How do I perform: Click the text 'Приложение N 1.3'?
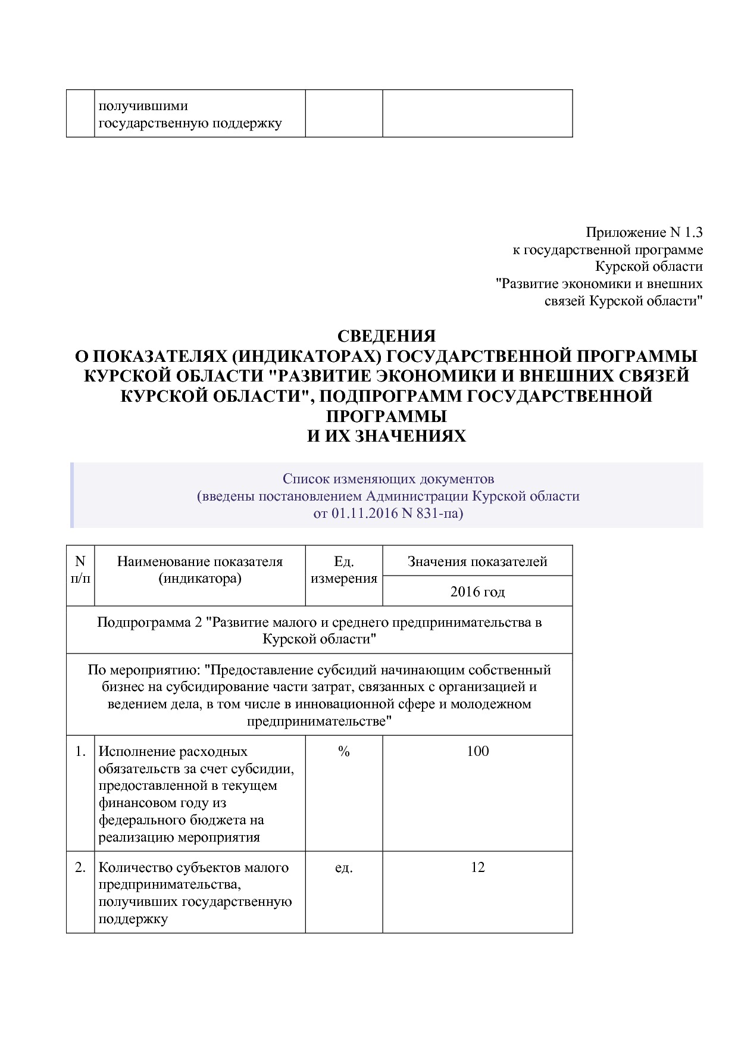click(x=644, y=232)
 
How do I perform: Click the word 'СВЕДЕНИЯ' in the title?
click(x=387, y=336)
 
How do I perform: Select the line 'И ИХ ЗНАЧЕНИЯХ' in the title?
click(x=387, y=436)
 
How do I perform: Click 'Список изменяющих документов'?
click(x=388, y=479)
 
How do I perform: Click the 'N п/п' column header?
click(x=80, y=570)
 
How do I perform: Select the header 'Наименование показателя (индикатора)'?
click(x=200, y=570)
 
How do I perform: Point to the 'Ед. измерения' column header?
click(x=344, y=570)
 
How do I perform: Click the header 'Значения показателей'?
click(x=477, y=561)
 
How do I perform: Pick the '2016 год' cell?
click(x=477, y=592)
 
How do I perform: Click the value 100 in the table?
click(x=477, y=751)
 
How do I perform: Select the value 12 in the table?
click(x=477, y=867)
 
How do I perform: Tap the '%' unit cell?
click(x=344, y=752)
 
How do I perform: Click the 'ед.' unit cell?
click(x=344, y=868)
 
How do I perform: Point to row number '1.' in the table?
click(x=80, y=752)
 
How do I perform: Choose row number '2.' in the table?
click(x=80, y=868)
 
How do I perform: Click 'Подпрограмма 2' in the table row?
click(x=149, y=623)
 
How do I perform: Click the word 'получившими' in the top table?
click(x=143, y=106)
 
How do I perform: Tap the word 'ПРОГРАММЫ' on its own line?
click(x=387, y=416)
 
